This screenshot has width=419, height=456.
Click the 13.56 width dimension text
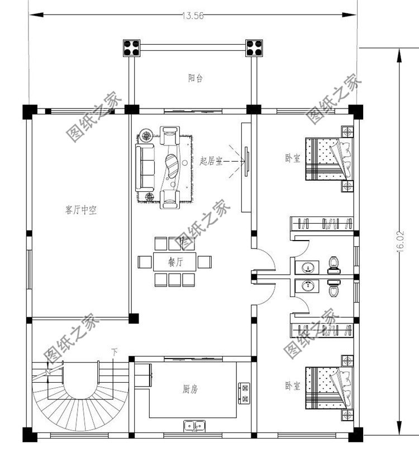pos(192,16)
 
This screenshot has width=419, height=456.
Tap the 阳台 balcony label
pos(195,79)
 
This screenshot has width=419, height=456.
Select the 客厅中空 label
pos(82,210)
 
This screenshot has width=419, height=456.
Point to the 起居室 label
pos(211,161)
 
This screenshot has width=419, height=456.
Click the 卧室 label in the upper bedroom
pos(292,158)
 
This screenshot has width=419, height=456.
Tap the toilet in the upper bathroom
pos(334,264)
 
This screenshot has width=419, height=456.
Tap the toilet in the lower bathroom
pos(334,290)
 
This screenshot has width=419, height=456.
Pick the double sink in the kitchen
pos(194,426)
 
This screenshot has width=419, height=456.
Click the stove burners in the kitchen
pos(244,392)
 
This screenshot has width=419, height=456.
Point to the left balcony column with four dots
pos(134,48)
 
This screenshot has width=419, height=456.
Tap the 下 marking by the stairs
pos(115,352)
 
